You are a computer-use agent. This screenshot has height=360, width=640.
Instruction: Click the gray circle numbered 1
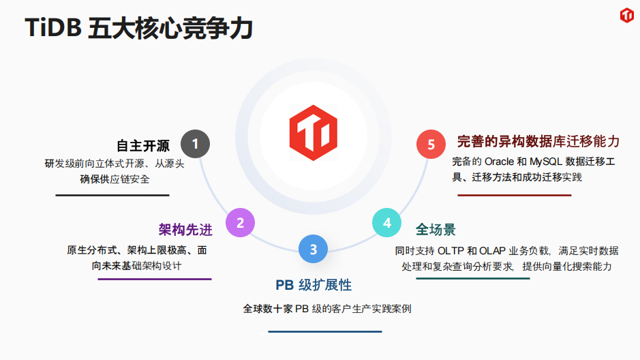[195, 144]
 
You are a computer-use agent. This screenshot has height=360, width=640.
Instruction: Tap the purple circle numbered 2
[240, 222]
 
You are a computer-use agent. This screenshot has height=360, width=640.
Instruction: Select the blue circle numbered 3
[313, 249]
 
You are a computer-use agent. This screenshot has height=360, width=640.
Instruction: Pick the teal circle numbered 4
[386, 222]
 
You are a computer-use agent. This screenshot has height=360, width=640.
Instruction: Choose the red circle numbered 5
[431, 144]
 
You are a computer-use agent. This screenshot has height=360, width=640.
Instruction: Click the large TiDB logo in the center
[314, 133]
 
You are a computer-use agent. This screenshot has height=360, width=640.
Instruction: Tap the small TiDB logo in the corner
[627, 15]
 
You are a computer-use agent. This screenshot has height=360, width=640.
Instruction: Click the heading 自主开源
[143, 146]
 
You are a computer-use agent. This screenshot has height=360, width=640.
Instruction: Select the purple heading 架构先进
[185, 230]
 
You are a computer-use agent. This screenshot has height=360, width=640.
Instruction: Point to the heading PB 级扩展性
[314, 285]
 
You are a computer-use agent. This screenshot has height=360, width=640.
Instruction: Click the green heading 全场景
[436, 229]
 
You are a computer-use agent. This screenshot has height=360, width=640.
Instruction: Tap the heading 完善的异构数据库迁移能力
[538, 142]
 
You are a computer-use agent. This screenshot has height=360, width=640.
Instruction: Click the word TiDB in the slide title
[53, 28]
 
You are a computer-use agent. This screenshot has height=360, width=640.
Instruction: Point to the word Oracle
[499, 162]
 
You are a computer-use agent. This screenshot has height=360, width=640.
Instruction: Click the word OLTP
[451, 251]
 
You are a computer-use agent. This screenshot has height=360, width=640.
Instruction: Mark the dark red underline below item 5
[515, 195]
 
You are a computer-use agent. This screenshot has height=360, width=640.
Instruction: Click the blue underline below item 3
[325, 332]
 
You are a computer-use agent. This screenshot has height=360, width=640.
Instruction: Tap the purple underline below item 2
[155, 279]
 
